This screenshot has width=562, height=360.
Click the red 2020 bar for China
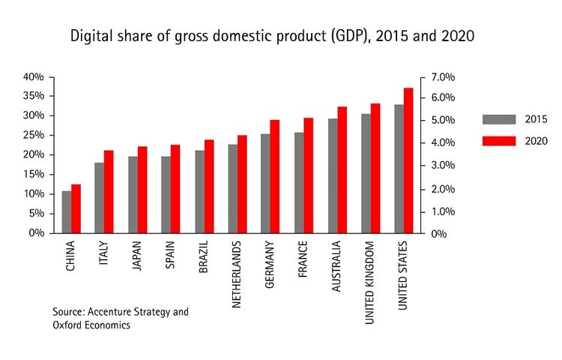pyautogui.click(x=76, y=208)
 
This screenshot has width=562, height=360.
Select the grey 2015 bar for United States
pyautogui.click(x=399, y=169)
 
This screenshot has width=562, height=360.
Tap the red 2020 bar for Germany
pyautogui.click(x=275, y=176)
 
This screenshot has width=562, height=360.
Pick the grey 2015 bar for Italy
pyautogui.click(x=99, y=198)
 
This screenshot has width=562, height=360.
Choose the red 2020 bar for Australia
pyautogui.click(x=342, y=169)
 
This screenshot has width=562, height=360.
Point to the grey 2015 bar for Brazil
pyautogui.click(x=199, y=192)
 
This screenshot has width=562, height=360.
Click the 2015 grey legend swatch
pyautogui.click(x=500, y=119)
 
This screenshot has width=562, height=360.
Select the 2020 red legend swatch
pyautogui.click(x=500, y=141)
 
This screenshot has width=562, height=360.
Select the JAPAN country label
pyautogui.click(x=136, y=256)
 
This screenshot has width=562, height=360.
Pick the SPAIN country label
pyautogui.click(x=169, y=255)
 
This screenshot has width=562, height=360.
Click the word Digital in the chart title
pyautogui.click(x=88, y=36)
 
